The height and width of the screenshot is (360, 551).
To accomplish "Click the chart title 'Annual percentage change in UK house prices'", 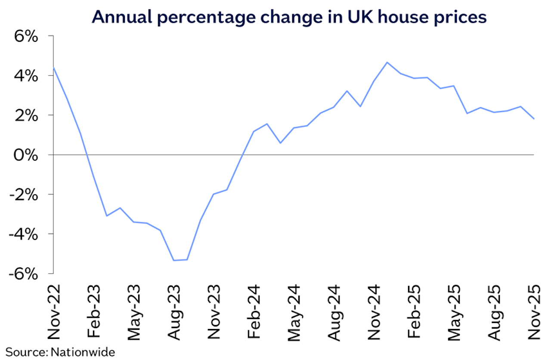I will pos(289,17).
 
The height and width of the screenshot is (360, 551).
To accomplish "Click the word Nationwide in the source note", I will pos(83,352).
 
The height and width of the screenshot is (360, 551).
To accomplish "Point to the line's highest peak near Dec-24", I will pos(387,62).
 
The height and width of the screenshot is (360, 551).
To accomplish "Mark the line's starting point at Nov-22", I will pos(54,68).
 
